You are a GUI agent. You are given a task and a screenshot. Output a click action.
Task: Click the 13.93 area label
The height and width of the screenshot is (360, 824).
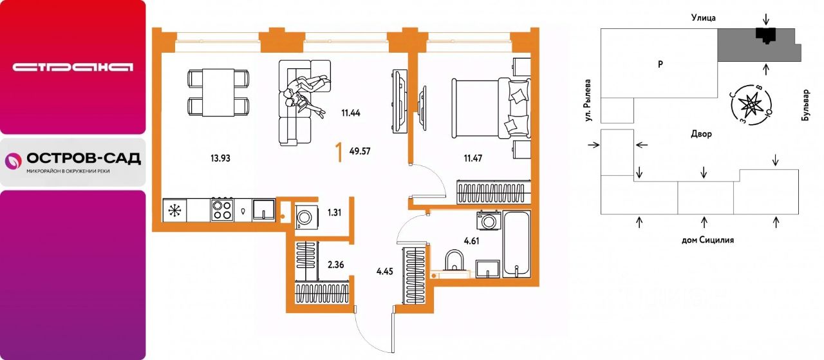[220, 158]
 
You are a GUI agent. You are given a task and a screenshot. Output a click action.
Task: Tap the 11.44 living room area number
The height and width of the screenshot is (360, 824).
[351, 113]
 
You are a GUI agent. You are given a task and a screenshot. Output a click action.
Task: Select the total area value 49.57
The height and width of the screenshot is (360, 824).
[360, 151]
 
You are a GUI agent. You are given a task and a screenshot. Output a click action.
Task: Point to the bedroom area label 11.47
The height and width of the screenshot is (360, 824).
[473, 158]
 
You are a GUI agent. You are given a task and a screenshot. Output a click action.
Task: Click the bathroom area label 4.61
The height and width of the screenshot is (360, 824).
[472, 241]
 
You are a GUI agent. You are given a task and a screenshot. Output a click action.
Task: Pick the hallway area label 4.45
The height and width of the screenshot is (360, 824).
[385, 272]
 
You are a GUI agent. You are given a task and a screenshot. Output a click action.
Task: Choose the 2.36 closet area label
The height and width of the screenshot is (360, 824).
[336, 264]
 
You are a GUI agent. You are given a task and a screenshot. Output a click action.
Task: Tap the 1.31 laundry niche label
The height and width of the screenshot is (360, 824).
[334, 213]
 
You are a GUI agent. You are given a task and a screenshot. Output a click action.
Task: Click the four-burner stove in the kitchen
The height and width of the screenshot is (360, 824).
[222, 210]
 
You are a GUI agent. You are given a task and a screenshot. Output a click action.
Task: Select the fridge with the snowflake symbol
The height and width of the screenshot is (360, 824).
[174, 210]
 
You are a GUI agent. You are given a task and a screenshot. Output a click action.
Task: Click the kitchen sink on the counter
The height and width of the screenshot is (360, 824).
[264, 210]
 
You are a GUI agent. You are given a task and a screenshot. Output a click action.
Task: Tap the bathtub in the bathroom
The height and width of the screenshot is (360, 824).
[516, 243]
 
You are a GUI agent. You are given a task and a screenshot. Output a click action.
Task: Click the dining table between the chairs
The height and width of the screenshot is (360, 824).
[218, 92]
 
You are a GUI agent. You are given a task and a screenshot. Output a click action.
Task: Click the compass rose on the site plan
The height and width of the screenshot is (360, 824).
[751, 104]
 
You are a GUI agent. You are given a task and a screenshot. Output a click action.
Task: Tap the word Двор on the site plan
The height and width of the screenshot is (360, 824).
[701, 134]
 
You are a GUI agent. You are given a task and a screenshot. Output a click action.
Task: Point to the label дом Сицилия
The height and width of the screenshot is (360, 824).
[707, 240]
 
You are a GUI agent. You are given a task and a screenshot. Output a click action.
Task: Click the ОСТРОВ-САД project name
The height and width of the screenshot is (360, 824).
[84, 158]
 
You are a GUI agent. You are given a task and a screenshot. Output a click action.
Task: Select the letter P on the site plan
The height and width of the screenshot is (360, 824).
[660, 64]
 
